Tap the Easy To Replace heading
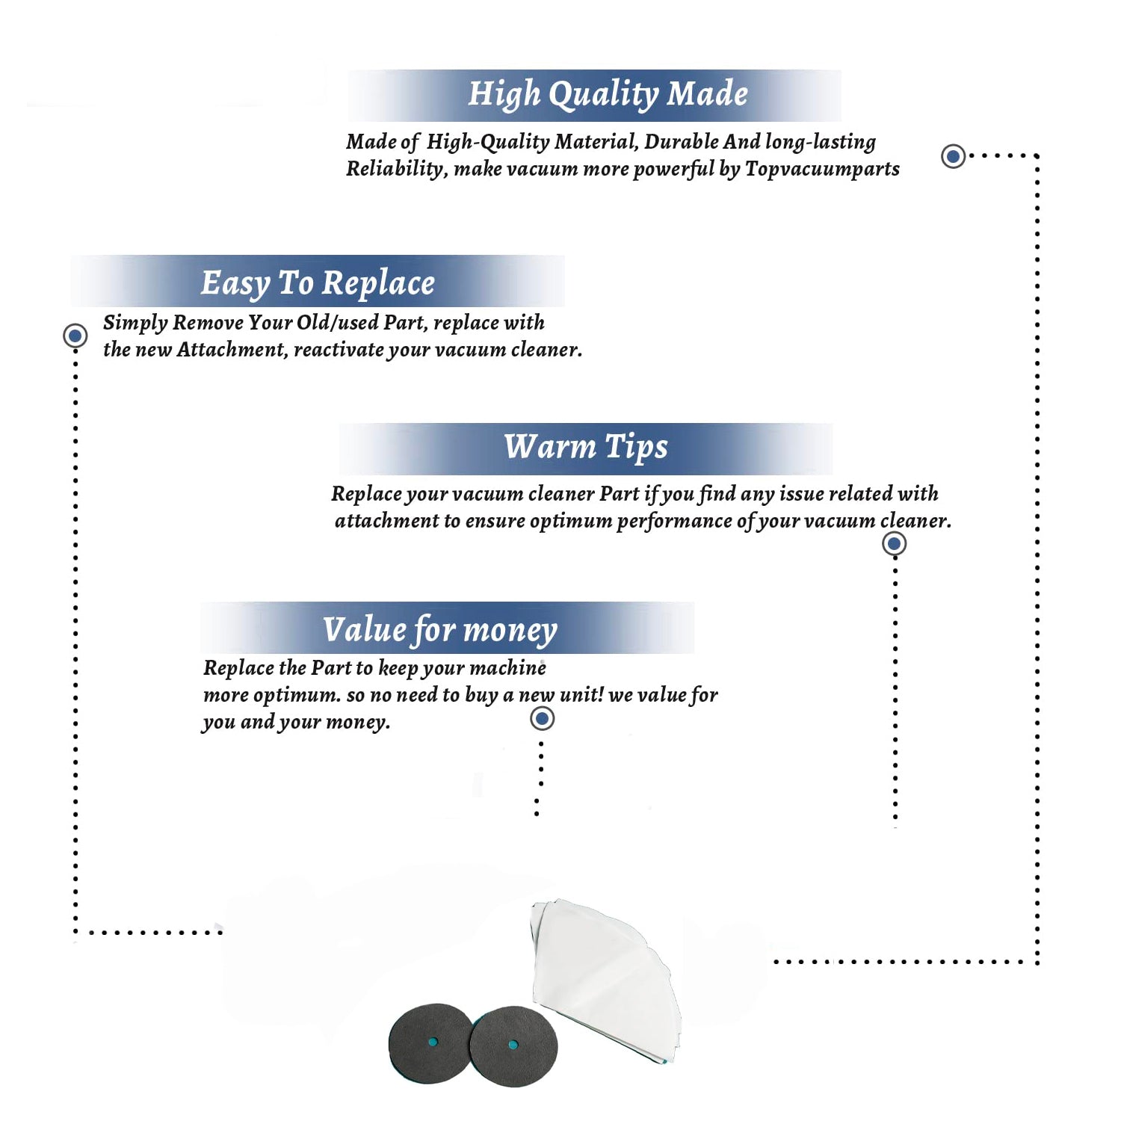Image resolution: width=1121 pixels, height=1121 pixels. (318, 284)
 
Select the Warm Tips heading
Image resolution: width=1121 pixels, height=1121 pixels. (586, 447)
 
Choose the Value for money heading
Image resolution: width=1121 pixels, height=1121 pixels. (440, 630)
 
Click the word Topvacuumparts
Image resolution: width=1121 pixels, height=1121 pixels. (822, 170)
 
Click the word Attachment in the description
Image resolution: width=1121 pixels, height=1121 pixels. (232, 349)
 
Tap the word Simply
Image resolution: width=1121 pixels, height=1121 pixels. (135, 323)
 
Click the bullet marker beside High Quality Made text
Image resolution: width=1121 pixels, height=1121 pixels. (953, 156)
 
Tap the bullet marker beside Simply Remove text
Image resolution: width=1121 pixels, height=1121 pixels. (75, 336)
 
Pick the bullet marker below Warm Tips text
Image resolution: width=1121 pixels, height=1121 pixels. (894, 543)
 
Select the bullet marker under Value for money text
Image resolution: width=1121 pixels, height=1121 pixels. (542, 719)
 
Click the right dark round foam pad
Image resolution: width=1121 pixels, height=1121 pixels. (514, 1046)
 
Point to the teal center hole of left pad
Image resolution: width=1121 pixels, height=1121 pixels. (433, 1042)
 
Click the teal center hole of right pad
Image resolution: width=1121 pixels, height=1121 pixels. (513, 1045)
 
